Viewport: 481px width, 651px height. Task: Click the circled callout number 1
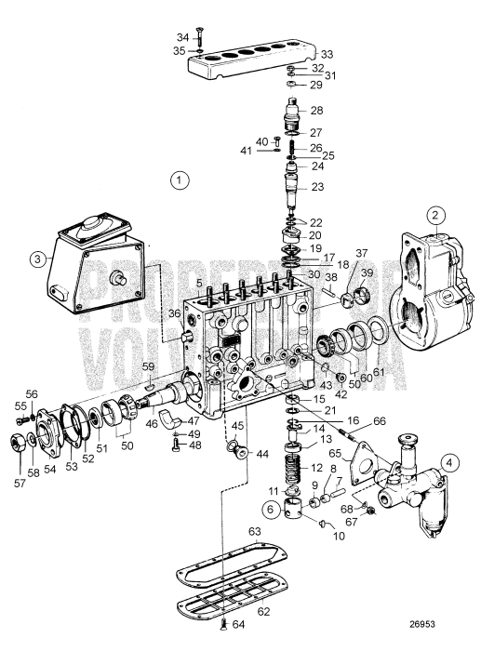coord(180,179)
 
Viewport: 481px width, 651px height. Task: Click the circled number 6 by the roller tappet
coord(270,509)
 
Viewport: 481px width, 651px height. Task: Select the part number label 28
coord(318,111)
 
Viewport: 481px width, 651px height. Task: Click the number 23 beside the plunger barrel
coord(317,187)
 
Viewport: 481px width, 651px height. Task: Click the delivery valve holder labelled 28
coord(295,117)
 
